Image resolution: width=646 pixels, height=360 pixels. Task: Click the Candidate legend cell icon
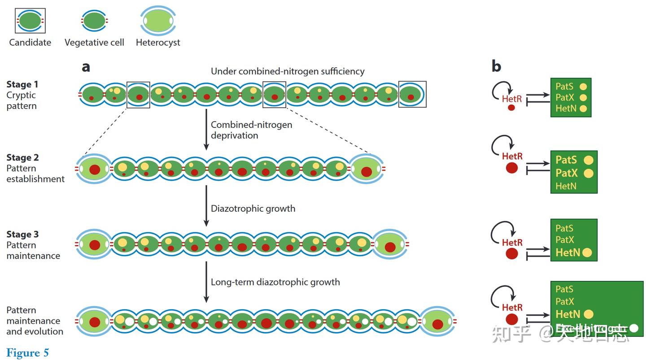coord(30,21)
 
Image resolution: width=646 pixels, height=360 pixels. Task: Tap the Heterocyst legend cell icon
coord(157,21)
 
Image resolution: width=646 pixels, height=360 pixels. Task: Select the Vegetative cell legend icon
coord(94,21)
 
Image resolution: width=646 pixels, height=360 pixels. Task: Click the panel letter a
coord(86,67)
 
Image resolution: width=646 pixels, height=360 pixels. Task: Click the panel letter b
coord(496,66)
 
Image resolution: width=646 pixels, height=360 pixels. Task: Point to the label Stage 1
coord(22,84)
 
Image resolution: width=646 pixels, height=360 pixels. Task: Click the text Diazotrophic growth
coord(253,208)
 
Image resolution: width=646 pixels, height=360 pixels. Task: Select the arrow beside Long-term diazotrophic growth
coord(206,282)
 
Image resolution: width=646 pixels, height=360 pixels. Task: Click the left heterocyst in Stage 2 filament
coord(94,170)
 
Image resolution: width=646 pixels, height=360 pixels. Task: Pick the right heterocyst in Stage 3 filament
coord(390,246)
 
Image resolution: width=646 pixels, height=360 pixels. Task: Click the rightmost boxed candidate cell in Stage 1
coord(412,94)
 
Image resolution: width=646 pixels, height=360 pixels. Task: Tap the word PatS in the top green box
coord(564,86)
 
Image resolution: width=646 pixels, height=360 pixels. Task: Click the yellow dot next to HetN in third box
coord(587,253)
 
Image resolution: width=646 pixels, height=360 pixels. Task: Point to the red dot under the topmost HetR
coord(511,108)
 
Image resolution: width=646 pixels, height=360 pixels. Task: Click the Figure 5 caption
coord(27,353)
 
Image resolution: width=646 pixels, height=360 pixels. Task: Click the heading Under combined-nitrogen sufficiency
coord(288,71)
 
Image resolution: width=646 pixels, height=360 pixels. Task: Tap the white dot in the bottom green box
coord(633,328)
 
